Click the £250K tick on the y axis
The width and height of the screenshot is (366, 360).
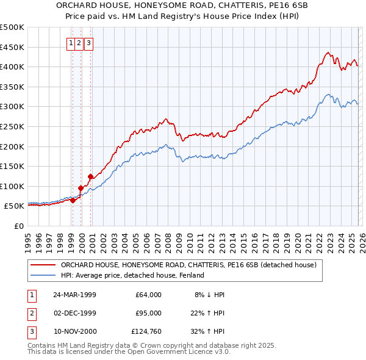click(x=12, y=126)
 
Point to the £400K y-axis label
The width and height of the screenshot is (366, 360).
click(x=12, y=67)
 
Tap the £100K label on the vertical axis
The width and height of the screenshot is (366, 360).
click(x=12, y=186)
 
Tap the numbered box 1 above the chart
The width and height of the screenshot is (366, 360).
click(x=72, y=43)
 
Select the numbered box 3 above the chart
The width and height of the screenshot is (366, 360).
click(x=89, y=43)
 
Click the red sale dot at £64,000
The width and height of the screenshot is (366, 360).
click(x=73, y=200)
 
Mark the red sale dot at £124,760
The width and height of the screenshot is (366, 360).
click(x=90, y=176)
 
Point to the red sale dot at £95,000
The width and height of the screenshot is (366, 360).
click(x=81, y=188)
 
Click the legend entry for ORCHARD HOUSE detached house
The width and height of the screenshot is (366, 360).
click(x=188, y=265)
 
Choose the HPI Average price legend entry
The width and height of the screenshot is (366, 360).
click(x=132, y=276)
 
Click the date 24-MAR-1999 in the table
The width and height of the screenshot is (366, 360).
click(x=74, y=295)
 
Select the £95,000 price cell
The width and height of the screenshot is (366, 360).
click(x=148, y=313)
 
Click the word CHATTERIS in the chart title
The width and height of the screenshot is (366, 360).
click(x=210, y=5)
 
